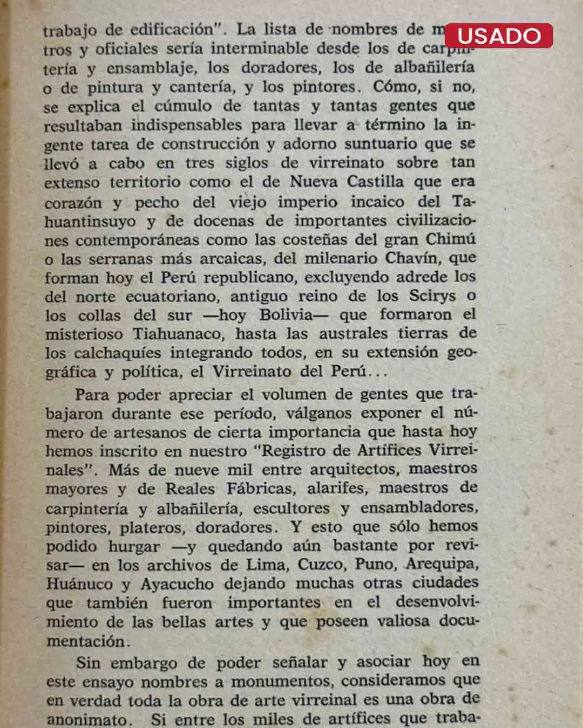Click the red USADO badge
(x=498, y=36)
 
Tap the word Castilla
(x=375, y=182)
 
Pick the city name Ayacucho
(x=177, y=584)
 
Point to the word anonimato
(x=89, y=719)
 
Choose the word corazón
(x=73, y=203)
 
